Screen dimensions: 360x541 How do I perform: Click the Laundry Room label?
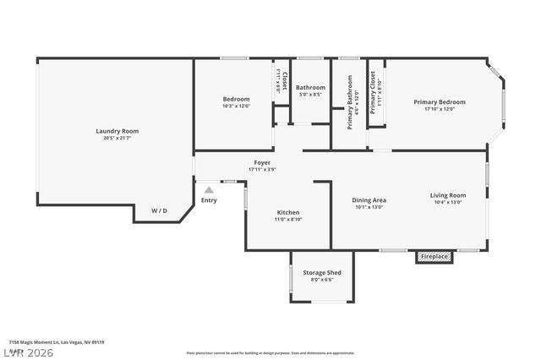tap(117, 131)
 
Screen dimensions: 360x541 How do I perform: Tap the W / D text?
tap(159, 210)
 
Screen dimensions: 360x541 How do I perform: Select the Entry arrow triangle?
tap(209, 190)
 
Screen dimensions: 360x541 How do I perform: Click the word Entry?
tap(209, 200)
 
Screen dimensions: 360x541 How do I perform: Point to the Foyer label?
tap(262, 162)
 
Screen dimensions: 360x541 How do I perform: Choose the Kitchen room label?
tap(288, 212)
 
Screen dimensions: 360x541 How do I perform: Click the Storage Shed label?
tap(322, 273)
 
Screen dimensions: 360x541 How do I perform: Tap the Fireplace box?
tap(434, 256)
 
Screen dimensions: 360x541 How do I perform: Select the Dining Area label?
tap(369, 200)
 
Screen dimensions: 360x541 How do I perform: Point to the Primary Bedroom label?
tap(439, 102)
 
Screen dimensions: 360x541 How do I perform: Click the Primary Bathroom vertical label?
tap(350, 103)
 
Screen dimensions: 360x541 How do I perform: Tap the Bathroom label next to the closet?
tap(310, 87)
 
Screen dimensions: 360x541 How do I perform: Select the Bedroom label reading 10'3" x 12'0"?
tap(237, 99)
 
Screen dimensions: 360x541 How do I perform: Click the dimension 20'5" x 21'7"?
tap(117, 138)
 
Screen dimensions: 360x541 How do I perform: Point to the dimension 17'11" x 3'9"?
tap(262, 169)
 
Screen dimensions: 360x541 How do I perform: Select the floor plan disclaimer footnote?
tap(270, 353)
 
